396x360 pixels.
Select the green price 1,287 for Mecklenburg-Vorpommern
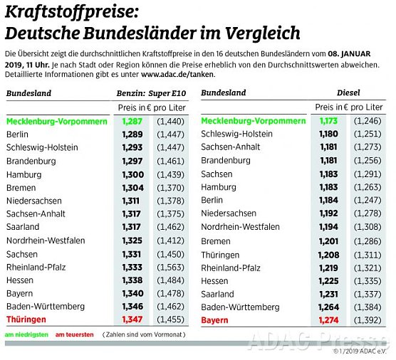(132, 121)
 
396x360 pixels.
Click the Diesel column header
(348, 92)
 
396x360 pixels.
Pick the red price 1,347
(132, 320)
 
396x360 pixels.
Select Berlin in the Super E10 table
(19, 134)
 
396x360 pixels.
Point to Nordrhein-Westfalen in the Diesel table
(240, 227)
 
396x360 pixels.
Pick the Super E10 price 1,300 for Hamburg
(132, 174)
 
